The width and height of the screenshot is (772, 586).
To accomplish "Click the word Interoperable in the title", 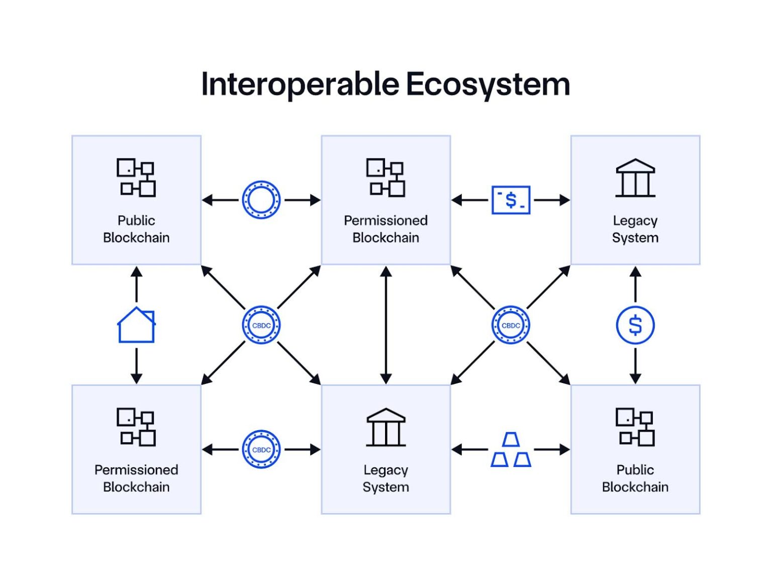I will (x=301, y=84).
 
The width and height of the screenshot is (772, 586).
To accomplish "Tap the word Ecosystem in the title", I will (x=488, y=84).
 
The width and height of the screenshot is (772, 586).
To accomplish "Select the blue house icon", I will (x=136, y=325).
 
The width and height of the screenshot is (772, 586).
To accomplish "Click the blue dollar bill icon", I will (x=511, y=200).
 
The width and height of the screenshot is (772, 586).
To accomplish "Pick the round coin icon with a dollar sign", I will (x=635, y=325).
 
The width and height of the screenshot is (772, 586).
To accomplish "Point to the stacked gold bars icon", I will (x=511, y=450).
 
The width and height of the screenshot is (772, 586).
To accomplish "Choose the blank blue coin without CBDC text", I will (x=261, y=200).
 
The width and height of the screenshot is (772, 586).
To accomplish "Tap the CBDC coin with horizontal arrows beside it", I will (x=261, y=450).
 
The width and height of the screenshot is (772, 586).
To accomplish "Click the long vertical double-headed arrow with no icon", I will (x=386, y=325).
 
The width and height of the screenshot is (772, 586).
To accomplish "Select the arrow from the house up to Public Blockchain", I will (x=136, y=284).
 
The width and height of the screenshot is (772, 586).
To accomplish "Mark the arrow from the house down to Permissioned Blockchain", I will (x=136, y=366).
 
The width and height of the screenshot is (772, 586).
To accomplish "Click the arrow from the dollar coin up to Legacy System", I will (x=635, y=284).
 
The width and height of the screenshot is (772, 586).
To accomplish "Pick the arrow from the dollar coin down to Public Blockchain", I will (x=635, y=366).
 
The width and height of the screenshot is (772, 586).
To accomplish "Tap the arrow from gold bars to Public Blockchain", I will (x=551, y=450).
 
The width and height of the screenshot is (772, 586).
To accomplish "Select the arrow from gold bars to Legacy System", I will (x=470, y=450).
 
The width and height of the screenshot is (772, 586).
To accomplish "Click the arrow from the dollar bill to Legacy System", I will (x=551, y=200).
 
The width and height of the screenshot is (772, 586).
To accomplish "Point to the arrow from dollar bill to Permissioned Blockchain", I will (x=470, y=200).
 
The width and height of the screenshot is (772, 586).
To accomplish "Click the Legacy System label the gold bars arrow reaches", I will (x=386, y=478).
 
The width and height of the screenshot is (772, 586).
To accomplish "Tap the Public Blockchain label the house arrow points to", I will (x=136, y=229).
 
